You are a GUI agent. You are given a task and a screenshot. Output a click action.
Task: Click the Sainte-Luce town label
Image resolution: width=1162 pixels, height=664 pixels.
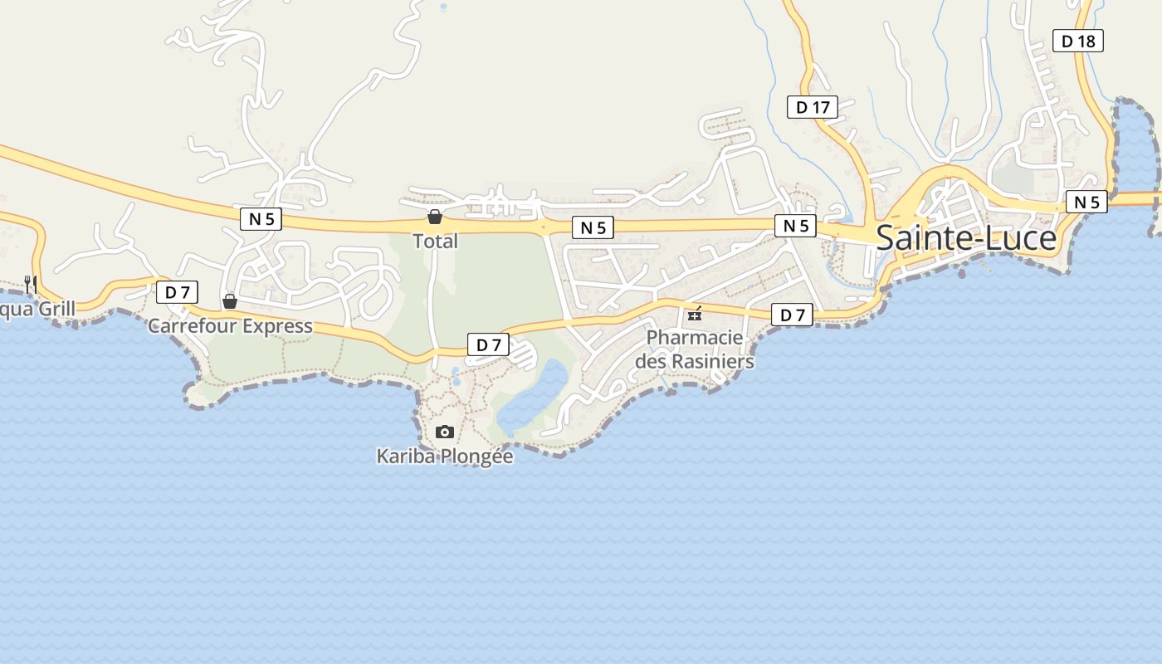(966, 238)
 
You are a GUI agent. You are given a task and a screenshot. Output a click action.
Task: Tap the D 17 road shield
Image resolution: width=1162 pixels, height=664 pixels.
(813, 107)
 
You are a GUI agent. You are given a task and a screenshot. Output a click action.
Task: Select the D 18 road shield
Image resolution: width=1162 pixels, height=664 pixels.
(1078, 41)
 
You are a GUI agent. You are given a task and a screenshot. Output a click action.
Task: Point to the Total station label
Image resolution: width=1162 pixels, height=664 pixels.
(435, 242)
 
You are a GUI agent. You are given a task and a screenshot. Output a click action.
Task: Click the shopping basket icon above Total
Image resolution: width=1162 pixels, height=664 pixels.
(434, 217)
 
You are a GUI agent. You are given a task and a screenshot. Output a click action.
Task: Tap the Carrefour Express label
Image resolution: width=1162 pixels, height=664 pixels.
(230, 326)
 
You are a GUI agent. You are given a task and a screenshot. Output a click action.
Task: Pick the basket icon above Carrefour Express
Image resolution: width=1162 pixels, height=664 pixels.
(230, 300)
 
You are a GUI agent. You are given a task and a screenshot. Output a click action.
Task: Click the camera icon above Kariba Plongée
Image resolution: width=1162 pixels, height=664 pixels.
(445, 432)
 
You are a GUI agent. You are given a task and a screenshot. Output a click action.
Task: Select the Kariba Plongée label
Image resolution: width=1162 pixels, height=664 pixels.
(445, 456)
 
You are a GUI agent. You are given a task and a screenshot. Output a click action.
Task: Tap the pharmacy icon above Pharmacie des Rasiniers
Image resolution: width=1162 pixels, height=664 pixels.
(695, 314)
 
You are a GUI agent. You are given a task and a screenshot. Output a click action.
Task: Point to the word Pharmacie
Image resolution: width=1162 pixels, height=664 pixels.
(695, 338)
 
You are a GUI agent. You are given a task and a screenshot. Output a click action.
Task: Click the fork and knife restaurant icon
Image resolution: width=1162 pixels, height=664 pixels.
(30, 284)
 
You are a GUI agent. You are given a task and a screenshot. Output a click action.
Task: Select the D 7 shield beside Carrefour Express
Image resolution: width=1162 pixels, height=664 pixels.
(177, 292)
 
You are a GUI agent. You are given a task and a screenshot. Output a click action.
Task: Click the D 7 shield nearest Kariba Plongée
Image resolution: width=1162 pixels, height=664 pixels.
(488, 344)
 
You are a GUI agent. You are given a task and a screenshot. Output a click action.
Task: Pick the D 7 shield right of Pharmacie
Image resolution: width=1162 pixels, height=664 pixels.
(793, 315)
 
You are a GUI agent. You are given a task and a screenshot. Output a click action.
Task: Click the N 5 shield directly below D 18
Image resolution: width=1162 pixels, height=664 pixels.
(1086, 202)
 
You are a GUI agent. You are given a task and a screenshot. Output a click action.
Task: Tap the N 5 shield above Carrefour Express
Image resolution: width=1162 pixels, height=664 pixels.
(261, 219)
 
